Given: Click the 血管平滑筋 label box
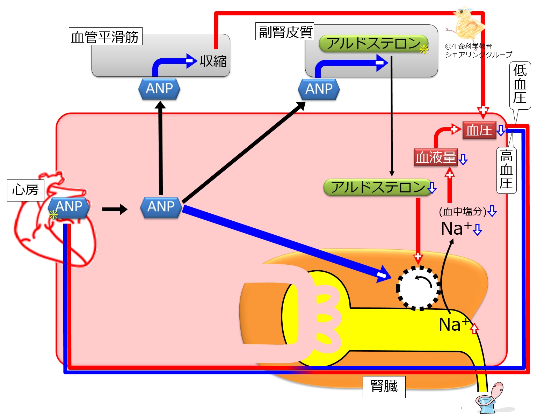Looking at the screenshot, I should pyautogui.click(x=105, y=36).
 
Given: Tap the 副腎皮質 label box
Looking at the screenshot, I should pyautogui.click(x=285, y=32).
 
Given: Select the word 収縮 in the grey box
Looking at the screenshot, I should pyautogui.click(x=213, y=61).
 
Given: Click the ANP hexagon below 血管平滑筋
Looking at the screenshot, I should pyautogui.click(x=159, y=89).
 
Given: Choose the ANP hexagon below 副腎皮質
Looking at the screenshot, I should pyautogui.click(x=319, y=89).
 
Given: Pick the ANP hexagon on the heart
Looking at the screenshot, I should pyautogui.click(x=69, y=207).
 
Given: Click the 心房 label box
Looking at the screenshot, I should pyautogui.click(x=26, y=190).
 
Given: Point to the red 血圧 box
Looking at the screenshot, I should pyautogui.click(x=479, y=130).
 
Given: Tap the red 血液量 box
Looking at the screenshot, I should pyautogui.click(x=436, y=157).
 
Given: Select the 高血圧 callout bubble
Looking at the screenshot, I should pyautogui.click(x=506, y=169).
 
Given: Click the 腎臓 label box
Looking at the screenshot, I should pyautogui.click(x=384, y=387).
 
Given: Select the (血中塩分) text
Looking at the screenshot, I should pyautogui.click(x=463, y=211).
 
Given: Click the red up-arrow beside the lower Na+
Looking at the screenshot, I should pyautogui.click(x=474, y=329).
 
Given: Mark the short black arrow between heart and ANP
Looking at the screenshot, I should pyautogui.click(x=115, y=209).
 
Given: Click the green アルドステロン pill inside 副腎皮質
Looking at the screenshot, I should pyautogui.click(x=373, y=44).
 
